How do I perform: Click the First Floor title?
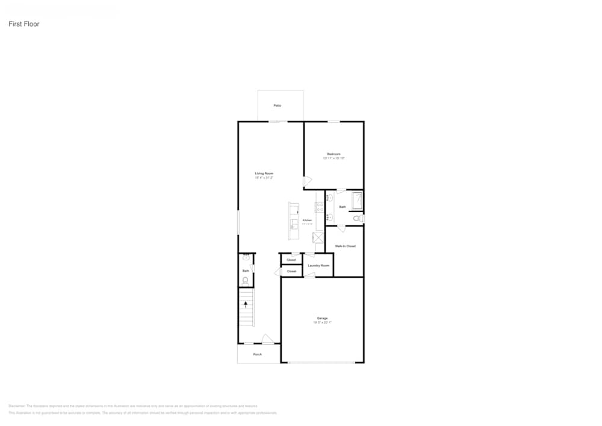tap(24, 24)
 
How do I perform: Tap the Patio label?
tap(278, 105)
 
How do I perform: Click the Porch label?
tap(257, 354)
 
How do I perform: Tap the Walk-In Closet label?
tap(346, 246)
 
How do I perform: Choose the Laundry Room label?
tap(318, 266)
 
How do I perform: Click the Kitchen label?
tap(307, 221)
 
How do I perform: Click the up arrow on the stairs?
tap(246, 305)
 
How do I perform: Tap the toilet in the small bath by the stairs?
tap(246, 280)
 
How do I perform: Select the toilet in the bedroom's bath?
tap(357, 218)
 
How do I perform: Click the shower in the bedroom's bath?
tap(357, 200)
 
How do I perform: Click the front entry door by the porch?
tap(268, 340)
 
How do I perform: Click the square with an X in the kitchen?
tap(318, 237)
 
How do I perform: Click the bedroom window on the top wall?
tap(334, 122)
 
